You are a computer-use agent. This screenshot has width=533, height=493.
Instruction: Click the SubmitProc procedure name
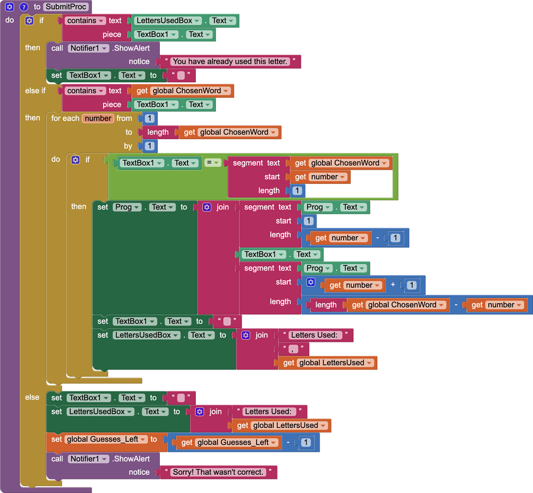66,7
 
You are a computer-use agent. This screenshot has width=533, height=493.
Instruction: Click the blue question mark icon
23,7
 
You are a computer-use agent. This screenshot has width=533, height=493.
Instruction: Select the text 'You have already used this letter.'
230,61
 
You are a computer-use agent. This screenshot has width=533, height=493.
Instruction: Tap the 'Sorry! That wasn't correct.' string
218,472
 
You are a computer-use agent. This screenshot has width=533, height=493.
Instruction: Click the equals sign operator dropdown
212,163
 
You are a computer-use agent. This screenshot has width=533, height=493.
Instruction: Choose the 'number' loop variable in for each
98,118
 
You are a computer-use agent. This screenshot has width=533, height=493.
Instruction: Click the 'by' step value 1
149,146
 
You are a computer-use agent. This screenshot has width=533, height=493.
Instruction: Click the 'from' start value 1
149,118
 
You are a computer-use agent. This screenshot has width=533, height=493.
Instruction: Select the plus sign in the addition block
393,285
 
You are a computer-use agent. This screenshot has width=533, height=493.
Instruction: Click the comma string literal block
294,349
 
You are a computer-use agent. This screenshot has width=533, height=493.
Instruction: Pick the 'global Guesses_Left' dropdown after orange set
107,439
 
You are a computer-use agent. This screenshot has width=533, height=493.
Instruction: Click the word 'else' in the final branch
32,397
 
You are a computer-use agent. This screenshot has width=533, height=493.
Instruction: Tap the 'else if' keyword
35,91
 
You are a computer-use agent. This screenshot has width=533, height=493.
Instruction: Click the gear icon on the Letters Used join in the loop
246,335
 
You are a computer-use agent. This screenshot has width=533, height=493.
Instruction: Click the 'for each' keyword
65,118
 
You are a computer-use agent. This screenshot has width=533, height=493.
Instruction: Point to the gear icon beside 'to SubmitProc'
9,7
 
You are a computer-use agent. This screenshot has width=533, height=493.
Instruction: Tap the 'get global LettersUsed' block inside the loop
327,363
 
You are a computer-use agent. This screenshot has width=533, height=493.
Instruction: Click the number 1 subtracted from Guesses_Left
306,442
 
